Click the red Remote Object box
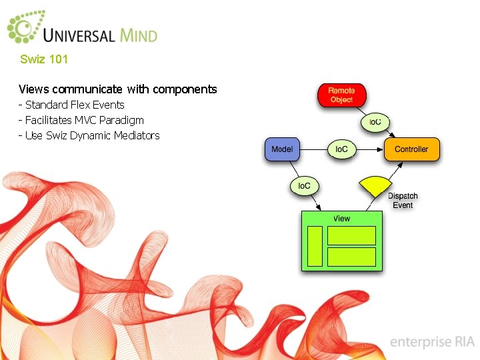[x=341, y=95]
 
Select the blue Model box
[x=282, y=149]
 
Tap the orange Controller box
[x=411, y=149]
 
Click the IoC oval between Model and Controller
[x=341, y=149]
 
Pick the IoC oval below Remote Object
[x=375, y=122]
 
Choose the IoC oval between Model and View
[x=304, y=185]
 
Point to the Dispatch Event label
[x=403, y=201]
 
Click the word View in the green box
[x=342, y=219]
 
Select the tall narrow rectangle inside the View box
[x=315, y=246]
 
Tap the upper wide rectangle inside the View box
[x=351, y=235]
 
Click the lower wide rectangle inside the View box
[x=351, y=257]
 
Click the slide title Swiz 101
[x=44, y=59]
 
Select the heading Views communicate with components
[x=118, y=89]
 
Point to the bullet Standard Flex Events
[x=72, y=105]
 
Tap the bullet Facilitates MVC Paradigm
[x=81, y=120]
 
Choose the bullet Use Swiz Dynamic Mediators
[x=89, y=135]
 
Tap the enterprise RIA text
[x=432, y=342]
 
